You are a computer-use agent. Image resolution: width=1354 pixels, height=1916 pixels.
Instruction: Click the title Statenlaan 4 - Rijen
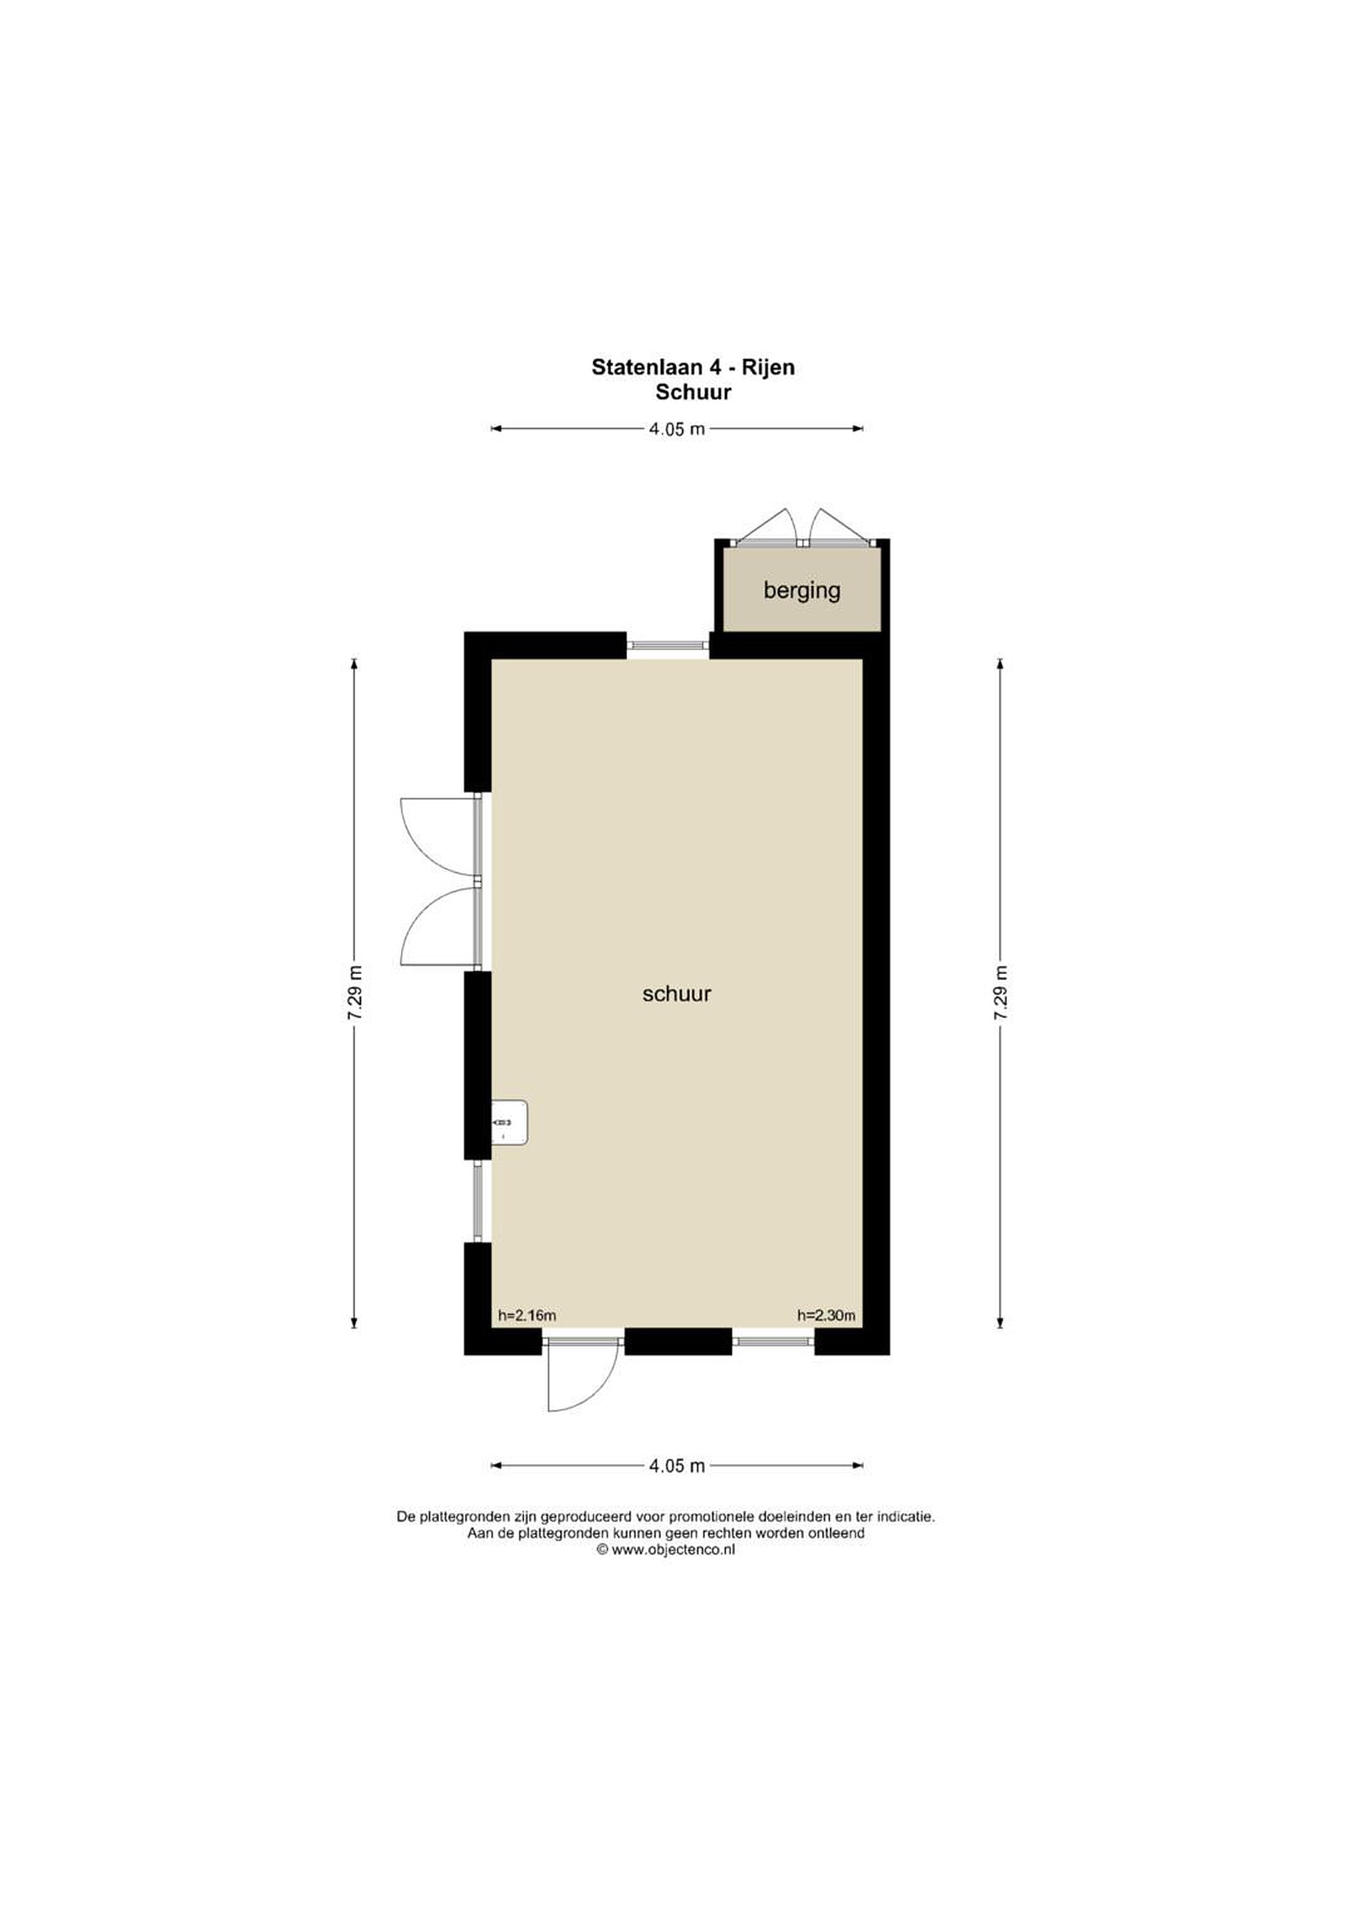[x=692, y=367]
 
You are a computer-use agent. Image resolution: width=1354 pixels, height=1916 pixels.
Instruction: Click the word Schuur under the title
[x=692, y=393]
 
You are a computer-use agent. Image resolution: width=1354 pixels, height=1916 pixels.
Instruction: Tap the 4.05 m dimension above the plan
[x=676, y=429]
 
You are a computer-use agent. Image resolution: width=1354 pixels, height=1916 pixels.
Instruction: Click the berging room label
[x=802, y=591]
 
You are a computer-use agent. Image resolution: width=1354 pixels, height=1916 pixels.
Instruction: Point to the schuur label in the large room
[x=676, y=993]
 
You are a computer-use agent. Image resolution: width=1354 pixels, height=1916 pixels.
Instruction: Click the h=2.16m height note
[x=527, y=1315]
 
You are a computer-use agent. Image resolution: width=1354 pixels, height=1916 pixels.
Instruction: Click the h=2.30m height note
[x=826, y=1315]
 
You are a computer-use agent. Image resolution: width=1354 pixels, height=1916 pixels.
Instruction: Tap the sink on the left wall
[x=509, y=1122]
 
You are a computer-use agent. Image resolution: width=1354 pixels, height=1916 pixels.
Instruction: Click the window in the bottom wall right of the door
[x=773, y=1341]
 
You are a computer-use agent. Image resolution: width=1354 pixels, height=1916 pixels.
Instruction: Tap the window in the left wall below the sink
[x=478, y=1201]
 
